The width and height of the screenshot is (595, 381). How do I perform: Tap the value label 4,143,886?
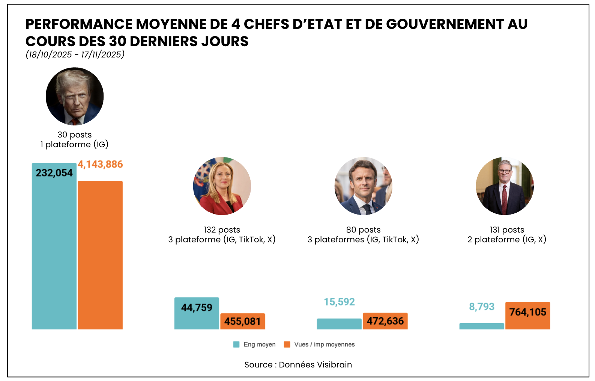(100, 165)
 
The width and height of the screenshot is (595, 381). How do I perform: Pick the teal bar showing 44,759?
(197, 313)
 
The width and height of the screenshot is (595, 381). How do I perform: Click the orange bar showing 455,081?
(243, 321)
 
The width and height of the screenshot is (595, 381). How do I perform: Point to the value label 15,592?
(339, 302)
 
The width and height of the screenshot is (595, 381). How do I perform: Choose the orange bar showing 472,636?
(385, 321)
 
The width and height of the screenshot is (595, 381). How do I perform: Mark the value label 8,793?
(482, 307)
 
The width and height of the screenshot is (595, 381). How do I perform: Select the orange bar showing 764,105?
(527, 316)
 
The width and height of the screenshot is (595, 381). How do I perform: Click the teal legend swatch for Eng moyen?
(236, 345)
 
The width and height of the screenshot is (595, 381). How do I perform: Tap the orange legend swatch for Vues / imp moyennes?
(287, 345)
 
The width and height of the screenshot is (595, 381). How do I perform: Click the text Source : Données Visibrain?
(298, 365)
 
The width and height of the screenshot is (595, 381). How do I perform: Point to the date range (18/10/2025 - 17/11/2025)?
(75, 54)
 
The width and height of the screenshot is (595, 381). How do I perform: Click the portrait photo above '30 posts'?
(75, 96)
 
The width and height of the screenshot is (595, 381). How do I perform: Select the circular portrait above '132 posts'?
(222, 186)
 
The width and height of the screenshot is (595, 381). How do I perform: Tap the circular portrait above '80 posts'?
(364, 186)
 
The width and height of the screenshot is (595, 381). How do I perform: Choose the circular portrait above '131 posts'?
(505, 186)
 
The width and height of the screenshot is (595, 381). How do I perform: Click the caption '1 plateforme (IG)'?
(74, 145)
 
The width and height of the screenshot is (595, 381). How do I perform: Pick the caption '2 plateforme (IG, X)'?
(507, 240)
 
